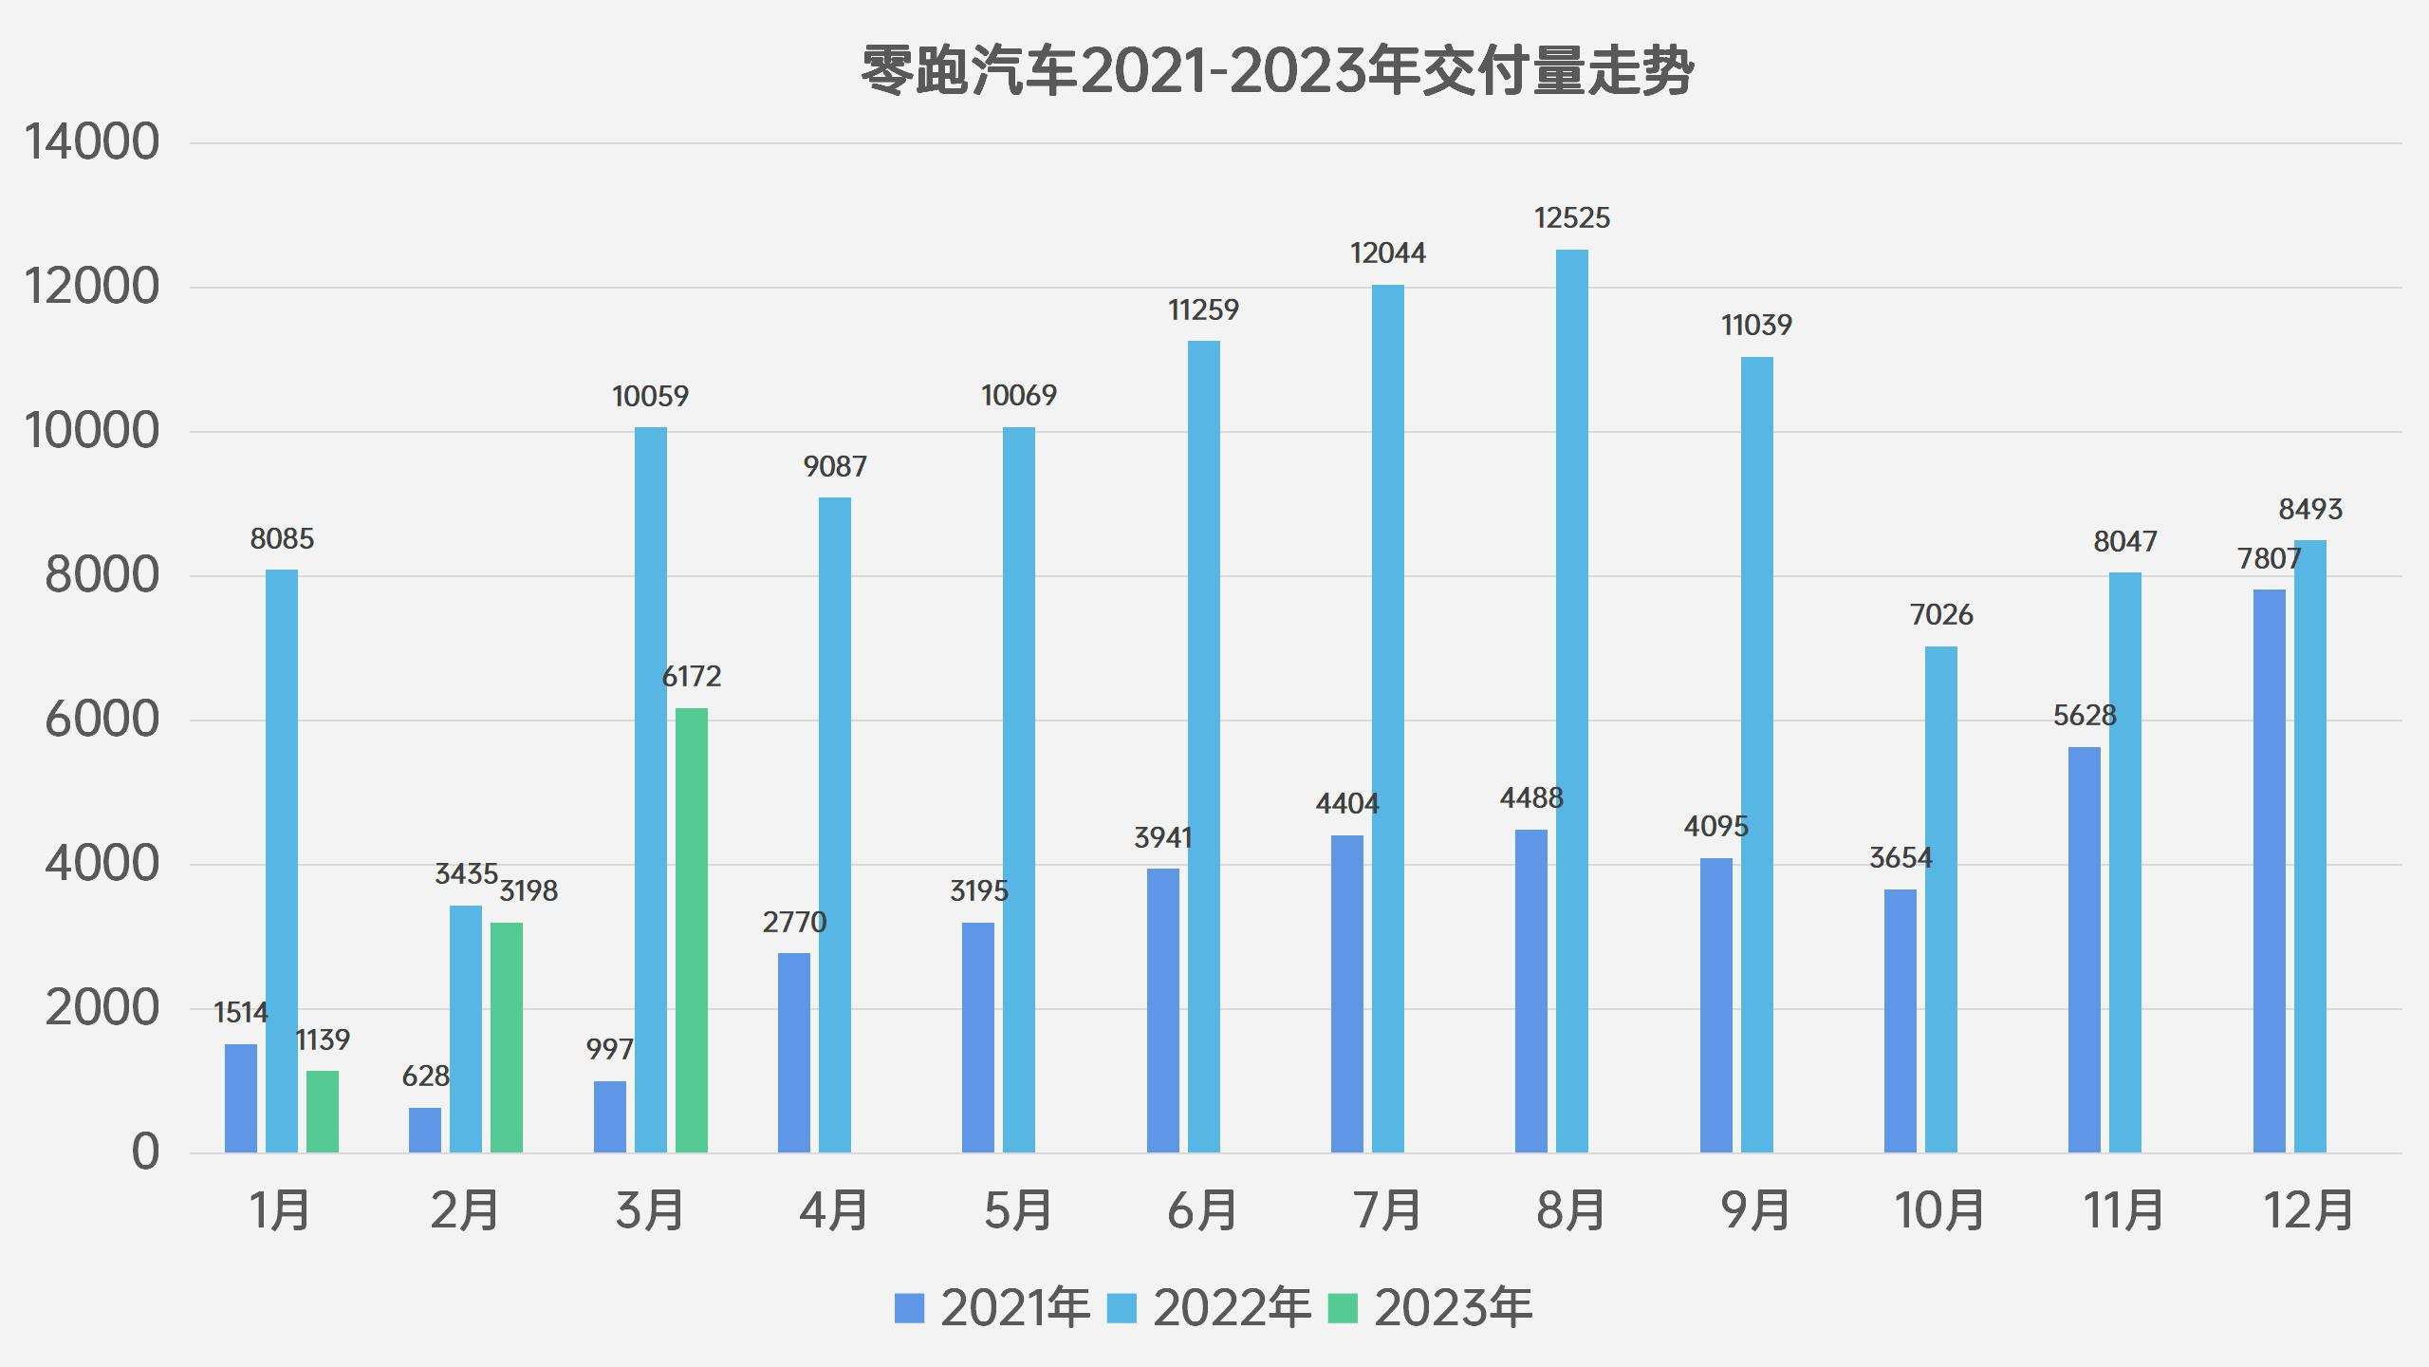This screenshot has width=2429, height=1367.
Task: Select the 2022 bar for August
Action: [1571, 702]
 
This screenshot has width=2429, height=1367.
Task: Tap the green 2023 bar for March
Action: [691, 930]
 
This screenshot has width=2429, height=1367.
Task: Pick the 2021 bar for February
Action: [425, 1130]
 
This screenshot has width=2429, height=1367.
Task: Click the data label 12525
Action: [1571, 218]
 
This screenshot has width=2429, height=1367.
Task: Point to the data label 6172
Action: [691, 677]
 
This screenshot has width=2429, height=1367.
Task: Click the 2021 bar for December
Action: [2269, 871]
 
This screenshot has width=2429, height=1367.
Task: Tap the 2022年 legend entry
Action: [1210, 1308]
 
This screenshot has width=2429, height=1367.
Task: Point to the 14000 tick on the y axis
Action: [92, 143]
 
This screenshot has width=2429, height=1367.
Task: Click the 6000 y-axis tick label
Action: [102, 720]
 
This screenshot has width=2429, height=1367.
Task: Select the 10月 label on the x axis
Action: [1939, 1210]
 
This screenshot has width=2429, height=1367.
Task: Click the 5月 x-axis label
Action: [1018, 1210]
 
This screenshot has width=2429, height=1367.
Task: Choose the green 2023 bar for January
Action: [323, 1112]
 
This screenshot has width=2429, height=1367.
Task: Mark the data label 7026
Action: [1941, 615]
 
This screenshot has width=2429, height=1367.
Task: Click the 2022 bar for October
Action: [1940, 900]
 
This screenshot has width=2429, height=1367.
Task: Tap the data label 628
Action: [425, 1076]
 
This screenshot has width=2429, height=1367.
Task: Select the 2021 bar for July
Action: [1346, 994]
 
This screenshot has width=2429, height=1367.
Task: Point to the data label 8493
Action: [2310, 510]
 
